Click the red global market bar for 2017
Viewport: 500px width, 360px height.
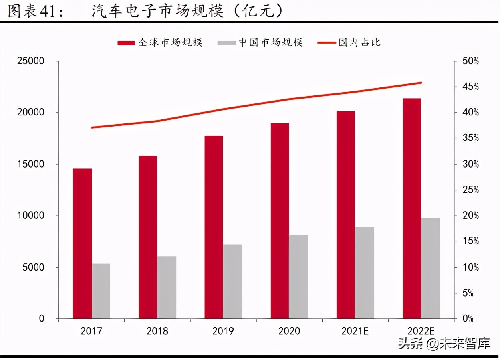pos(82,243)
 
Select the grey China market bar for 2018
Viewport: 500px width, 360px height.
pos(167,287)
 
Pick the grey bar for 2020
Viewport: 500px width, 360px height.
pos(299,277)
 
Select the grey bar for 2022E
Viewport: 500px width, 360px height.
pos(431,268)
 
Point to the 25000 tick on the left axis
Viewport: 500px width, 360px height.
pos(30,61)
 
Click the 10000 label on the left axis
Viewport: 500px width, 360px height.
pos(30,216)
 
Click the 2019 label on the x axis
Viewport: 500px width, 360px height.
pos(223,331)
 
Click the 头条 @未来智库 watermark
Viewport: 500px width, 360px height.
pos(444,343)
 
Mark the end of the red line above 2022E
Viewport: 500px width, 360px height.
pos(421,83)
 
